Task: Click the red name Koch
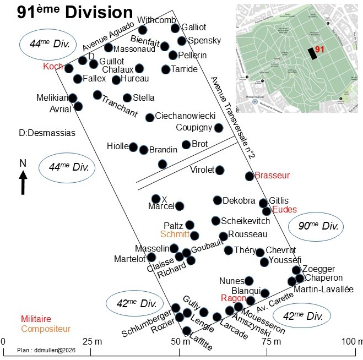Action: (x=53, y=66)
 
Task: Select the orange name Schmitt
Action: (x=175, y=234)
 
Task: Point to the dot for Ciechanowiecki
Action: (x=149, y=117)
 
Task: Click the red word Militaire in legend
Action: (x=36, y=319)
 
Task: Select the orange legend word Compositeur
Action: (x=46, y=329)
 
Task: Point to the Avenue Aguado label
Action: (x=109, y=36)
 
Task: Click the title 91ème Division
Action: (x=74, y=13)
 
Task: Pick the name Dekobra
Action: (x=239, y=201)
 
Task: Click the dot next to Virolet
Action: (x=219, y=170)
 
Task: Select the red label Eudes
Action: (x=284, y=210)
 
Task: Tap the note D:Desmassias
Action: (x=47, y=133)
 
